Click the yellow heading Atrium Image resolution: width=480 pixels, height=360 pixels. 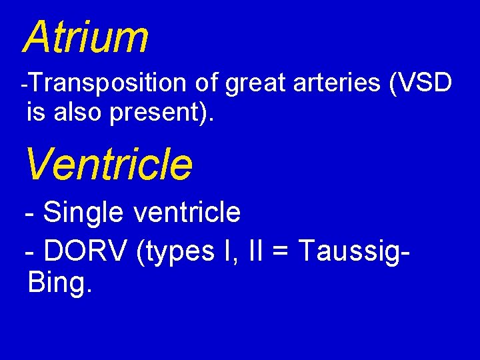[x=85, y=37]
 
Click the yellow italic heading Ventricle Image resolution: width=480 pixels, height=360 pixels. [x=109, y=165]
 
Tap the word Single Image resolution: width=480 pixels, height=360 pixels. [x=85, y=213]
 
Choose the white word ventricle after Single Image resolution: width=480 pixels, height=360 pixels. [x=187, y=213]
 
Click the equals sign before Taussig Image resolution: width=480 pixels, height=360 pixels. [x=283, y=253]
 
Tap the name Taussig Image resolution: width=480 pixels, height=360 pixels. [x=347, y=253]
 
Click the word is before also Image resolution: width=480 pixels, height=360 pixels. [x=35, y=112]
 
